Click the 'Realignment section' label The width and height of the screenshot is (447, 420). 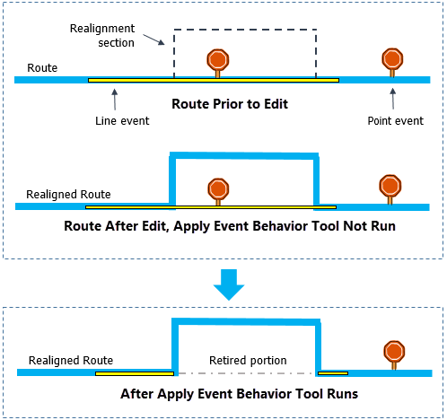tap(102, 36)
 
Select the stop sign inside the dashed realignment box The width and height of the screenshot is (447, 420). tap(217, 60)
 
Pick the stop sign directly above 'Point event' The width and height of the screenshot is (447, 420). tap(392, 58)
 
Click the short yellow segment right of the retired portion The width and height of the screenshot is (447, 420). tap(333, 372)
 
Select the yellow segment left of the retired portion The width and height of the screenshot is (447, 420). tap(135, 372)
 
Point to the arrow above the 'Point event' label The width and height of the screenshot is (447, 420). tap(392, 98)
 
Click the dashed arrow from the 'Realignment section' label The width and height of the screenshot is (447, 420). tap(150, 40)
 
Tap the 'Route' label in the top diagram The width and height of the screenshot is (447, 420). tap(43, 67)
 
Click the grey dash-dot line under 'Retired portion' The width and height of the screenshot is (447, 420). tap(244, 372)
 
